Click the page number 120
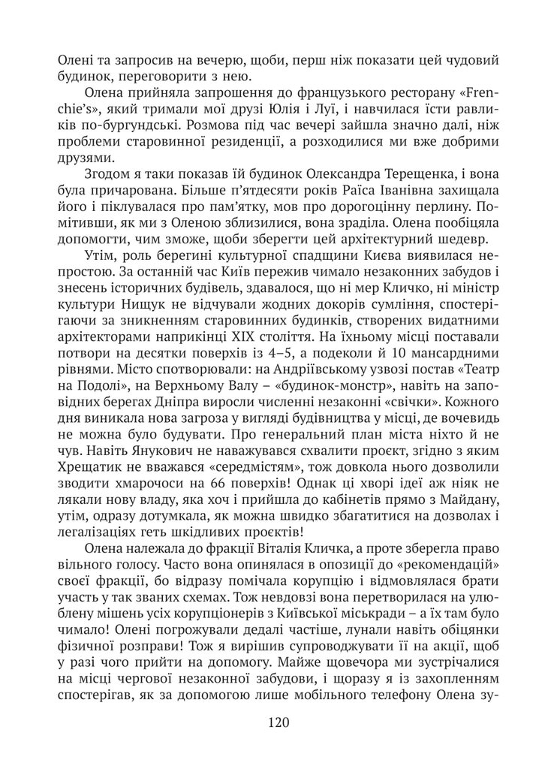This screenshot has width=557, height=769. click(278, 722)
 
